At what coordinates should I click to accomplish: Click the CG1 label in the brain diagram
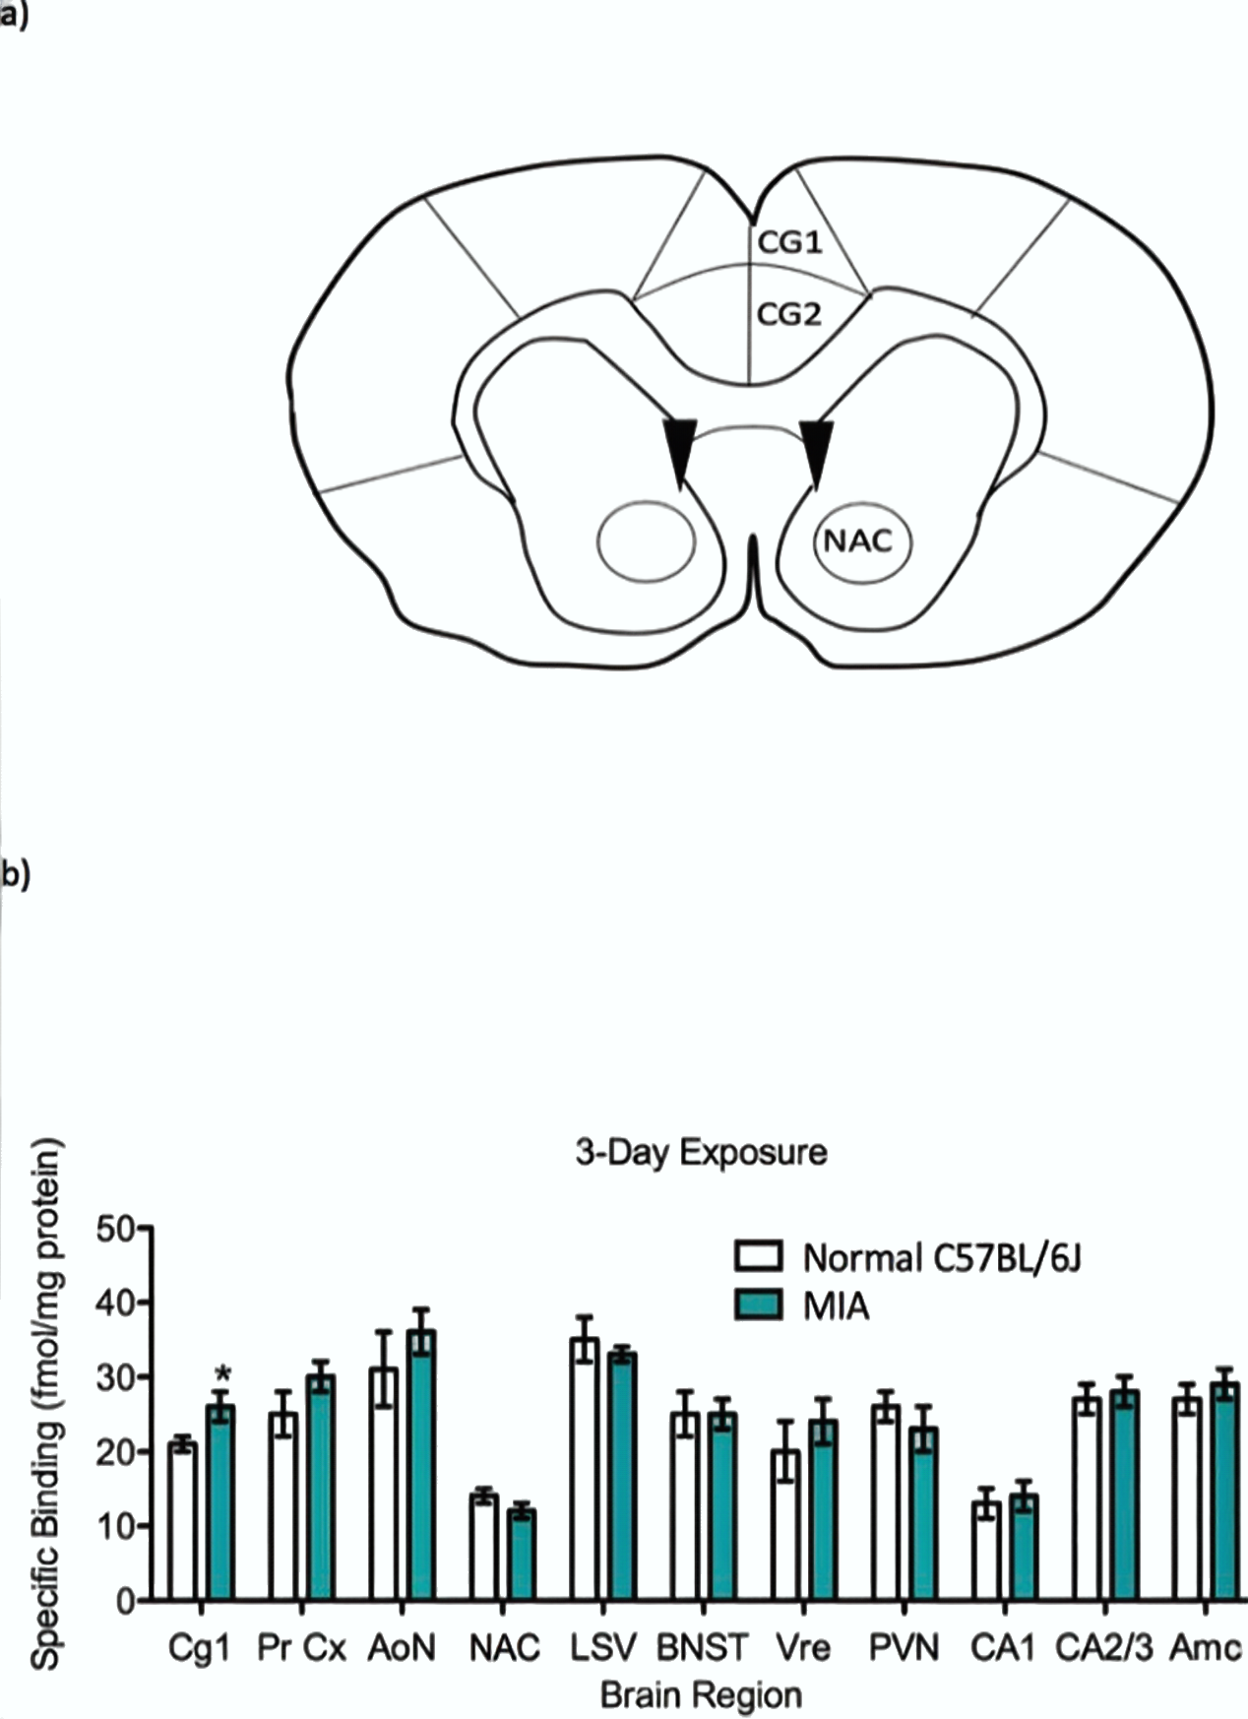point(788,241)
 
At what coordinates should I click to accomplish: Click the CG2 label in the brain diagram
point(788,315)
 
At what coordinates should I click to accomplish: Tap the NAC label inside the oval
point(858,541)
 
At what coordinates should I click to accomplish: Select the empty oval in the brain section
point(647,541)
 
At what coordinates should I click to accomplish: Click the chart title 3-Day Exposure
point(701,1152)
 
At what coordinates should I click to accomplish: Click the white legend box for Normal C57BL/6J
point(758,1256)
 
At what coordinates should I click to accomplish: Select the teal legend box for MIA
point(758,1305)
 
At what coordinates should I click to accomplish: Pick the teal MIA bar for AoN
point(421,1467)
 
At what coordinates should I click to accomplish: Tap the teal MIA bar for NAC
point(521,1556)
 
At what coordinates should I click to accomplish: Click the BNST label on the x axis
point(703,1647)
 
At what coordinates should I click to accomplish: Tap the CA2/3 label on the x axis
point(1103,1647)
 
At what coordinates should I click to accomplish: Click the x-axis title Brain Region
point(701,1695)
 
